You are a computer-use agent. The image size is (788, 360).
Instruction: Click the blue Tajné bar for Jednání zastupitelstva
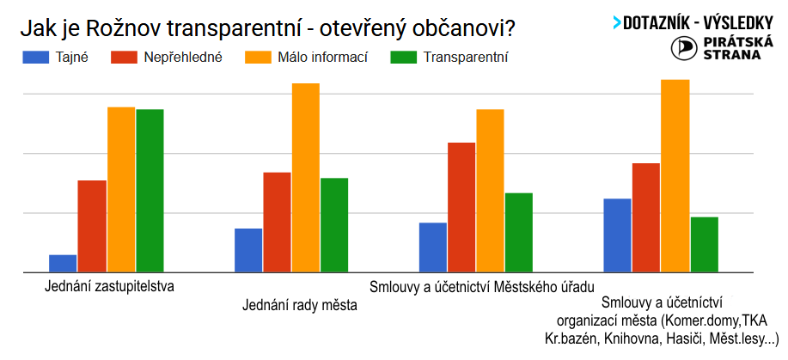(x=63, y=263)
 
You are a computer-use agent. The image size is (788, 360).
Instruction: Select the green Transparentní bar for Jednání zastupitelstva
(x=150, y=190)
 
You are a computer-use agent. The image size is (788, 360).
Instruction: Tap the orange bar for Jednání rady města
(x=305, y=177)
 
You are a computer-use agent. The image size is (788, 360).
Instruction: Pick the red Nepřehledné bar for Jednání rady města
(x=276, y=222)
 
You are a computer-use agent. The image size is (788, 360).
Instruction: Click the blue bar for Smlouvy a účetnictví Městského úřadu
(x=433, y=247)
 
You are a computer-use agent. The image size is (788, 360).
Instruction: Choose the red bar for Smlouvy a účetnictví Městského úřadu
(x=461, y=206)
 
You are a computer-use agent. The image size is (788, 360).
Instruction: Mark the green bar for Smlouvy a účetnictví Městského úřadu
(x=519, y=232)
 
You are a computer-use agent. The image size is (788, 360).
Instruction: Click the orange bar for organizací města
(x=675, y=175)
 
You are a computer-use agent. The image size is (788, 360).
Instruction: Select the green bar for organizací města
(x=704, y=244)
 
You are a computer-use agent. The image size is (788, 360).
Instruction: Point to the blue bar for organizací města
(x=617, y=235)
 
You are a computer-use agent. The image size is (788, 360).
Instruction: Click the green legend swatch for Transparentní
(x=402, y=58)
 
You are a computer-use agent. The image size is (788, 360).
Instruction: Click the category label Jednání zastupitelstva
(x=109, y=286)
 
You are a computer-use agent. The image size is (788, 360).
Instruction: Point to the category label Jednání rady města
(x=299, y=304)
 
